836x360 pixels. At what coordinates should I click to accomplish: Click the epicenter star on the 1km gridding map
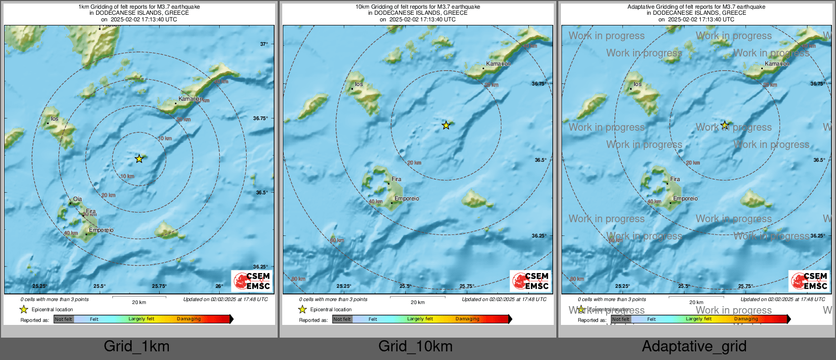[139, 159]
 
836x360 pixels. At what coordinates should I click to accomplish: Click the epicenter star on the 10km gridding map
[446, 125]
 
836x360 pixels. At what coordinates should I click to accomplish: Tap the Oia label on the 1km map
[77, 199]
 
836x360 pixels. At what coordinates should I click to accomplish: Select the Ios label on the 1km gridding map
[54, 119]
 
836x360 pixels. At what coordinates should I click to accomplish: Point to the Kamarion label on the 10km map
[498, 64]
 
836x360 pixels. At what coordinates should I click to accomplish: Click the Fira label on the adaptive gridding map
[675, 179]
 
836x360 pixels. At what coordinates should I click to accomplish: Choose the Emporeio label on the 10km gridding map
[407, 199]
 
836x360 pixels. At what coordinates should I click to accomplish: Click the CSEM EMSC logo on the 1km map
[252, 281]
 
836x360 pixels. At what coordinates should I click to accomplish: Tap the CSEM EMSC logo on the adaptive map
[810, 281]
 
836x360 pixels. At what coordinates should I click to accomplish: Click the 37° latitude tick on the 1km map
[263, 44]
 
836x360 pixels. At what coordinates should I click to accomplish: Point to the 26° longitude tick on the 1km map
[219, 286]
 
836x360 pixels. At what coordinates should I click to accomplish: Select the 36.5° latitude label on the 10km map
[540, 160]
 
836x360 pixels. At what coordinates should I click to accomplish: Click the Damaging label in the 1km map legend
[189, 319]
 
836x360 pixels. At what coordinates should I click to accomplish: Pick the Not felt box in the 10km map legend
[342, 319]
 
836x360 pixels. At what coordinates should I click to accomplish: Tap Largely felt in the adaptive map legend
[698, 319]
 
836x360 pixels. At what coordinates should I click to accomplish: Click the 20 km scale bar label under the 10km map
[417, 303]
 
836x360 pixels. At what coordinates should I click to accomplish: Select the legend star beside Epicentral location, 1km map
[23, 309]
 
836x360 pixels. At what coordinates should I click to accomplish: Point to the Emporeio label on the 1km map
[101, 230]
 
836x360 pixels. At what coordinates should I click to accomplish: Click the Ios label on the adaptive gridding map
[638, 84]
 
